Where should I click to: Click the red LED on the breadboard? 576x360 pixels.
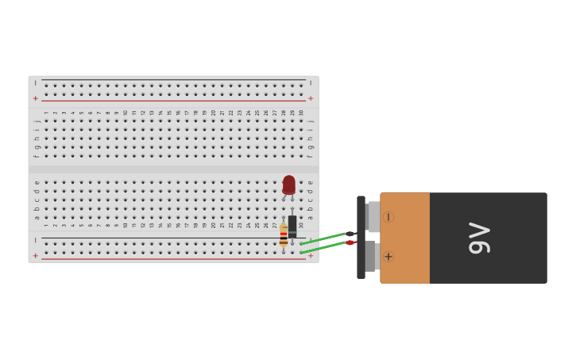click(288, 184)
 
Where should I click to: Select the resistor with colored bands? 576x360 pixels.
click(284, 236)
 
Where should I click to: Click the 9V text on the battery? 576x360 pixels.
click(479, 238)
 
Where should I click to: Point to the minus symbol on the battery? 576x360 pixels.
click(389, 217)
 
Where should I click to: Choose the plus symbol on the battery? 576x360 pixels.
click(389, 257)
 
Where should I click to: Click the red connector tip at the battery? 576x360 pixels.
click(350, 242)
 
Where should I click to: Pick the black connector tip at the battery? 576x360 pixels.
click(350, 234)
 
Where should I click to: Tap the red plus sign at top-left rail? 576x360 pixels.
click(35, 99)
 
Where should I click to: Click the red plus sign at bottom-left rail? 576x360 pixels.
click(35, 255)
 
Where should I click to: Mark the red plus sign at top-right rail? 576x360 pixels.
click(311, 99)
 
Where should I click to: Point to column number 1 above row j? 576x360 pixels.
click(46, 113)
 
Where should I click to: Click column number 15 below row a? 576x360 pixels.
click(169, 225)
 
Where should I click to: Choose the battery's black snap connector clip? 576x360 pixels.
click(361, 238)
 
